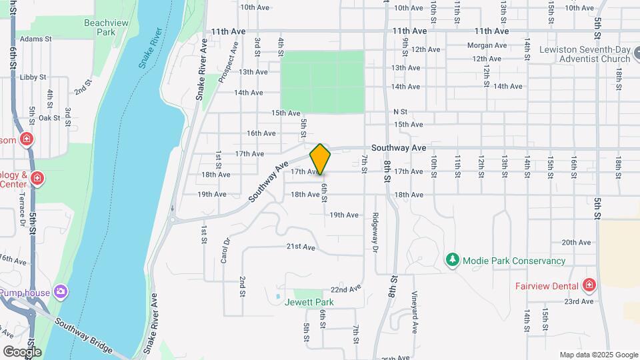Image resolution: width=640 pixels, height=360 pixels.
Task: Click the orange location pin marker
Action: (320, 159)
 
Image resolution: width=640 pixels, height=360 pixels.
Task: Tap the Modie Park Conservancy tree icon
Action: (453, 261)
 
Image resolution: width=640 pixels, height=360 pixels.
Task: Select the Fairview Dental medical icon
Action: (589, 286)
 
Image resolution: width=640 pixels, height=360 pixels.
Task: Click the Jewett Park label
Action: (309, 302)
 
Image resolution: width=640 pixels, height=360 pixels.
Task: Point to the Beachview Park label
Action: (106, 27)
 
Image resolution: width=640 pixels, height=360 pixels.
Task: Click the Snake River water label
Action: (151, 48)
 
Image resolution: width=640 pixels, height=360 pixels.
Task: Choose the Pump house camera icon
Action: (61, 292)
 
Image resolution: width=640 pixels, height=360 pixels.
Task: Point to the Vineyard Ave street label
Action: (414, 313)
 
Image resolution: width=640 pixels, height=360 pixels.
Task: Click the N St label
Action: (400, 111)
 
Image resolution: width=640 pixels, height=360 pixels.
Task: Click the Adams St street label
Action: (36, 39)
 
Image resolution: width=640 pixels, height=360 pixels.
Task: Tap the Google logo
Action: (22, 351)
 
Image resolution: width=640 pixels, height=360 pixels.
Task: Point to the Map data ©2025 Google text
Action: (599, 355)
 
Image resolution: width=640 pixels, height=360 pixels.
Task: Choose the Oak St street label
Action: (49, 118)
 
